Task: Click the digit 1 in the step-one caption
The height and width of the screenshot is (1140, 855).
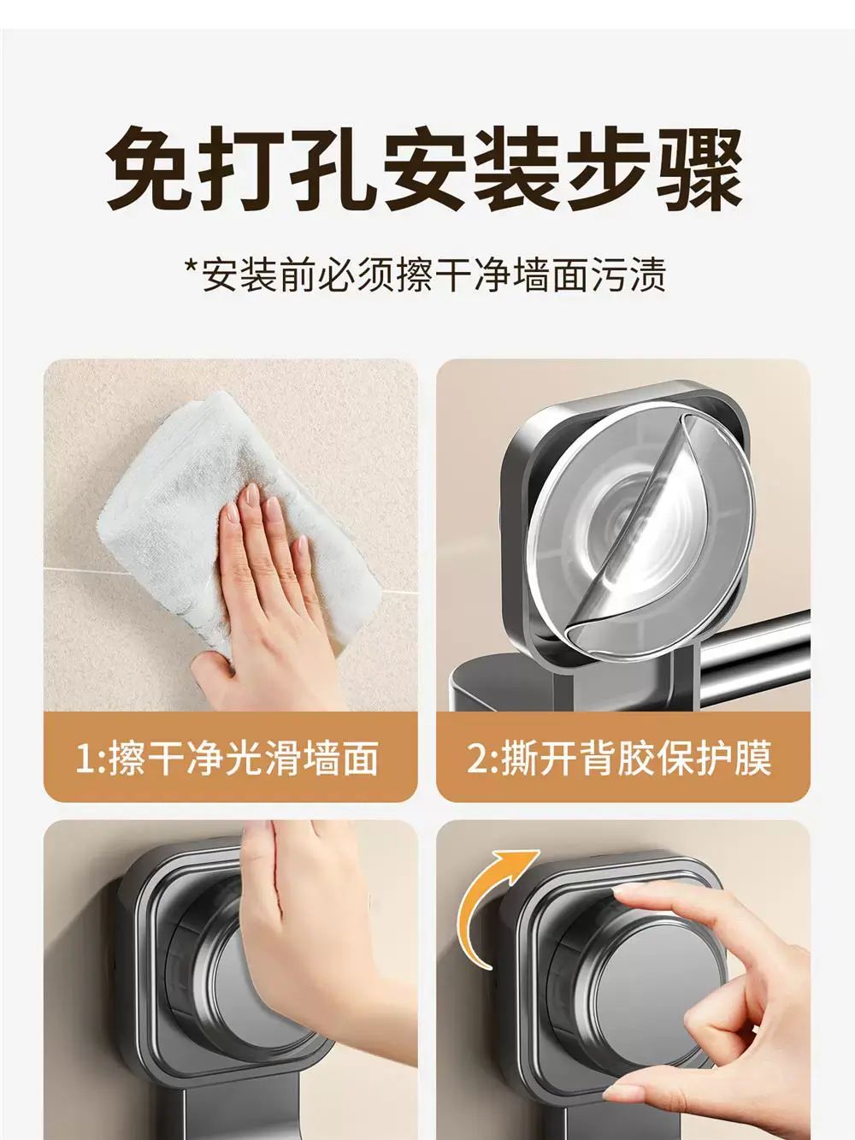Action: tap(84, 758)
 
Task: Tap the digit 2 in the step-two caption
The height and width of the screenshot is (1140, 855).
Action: tap(475, 758)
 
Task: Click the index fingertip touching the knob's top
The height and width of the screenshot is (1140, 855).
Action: tap(623, 891)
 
